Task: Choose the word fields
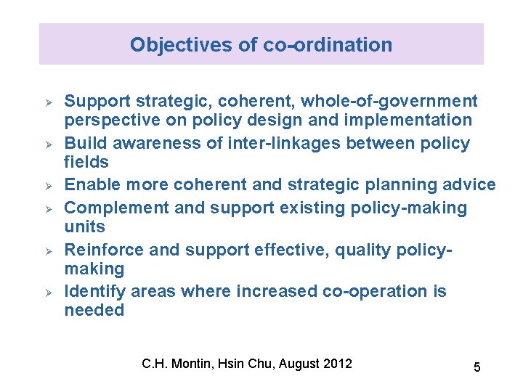(x=86, y=162)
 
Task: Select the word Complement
(x=118, y=208)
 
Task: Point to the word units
(x=85, y=227)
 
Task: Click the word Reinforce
(x=104, y=250)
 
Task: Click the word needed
(x=94, y=310)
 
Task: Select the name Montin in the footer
(x=192, y=363)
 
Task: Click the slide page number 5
(x=477, y=367)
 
